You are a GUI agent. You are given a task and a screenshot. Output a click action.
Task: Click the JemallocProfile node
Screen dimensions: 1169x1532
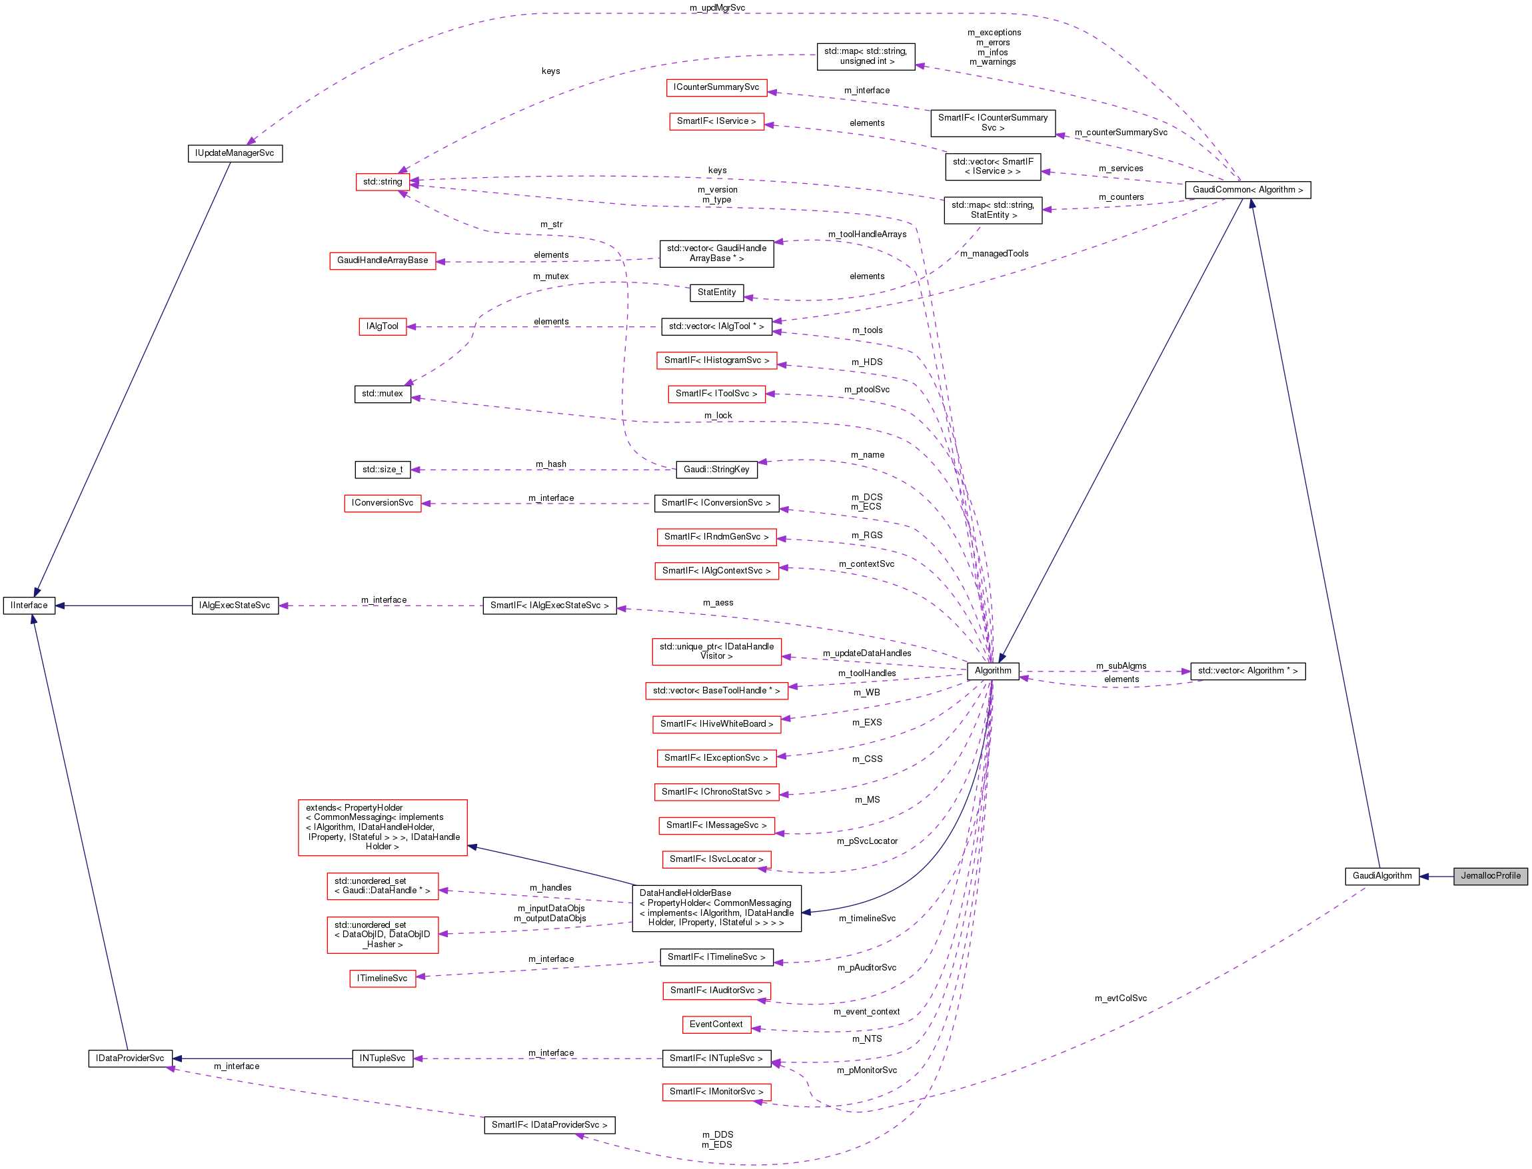tap(1489, 876)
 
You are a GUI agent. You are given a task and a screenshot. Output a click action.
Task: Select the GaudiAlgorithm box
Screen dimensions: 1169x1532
tap(1381, 876)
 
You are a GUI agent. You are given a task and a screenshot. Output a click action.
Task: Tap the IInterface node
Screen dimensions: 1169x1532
tap(29, 605)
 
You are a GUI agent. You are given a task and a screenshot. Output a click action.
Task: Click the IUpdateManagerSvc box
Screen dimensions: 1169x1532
tap(235, 153)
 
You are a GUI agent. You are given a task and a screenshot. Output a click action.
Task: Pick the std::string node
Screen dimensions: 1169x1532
tap(382, 182)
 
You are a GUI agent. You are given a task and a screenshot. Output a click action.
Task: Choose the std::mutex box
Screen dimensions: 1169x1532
tap(382, 394)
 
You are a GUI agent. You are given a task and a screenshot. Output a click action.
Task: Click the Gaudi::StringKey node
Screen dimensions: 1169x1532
tap(716, 470)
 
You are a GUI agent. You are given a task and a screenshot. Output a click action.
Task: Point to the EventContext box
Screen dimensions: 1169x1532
tap(716, 1024)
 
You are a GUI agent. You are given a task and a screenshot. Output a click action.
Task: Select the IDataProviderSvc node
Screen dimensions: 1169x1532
tap(130, 1058)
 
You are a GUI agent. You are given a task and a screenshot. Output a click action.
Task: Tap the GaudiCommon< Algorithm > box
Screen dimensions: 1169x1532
tap(1247, 190)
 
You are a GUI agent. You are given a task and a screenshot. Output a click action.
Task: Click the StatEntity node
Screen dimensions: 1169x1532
tap(716, 292)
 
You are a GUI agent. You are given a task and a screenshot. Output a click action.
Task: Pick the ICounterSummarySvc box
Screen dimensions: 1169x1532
tap(716, 88)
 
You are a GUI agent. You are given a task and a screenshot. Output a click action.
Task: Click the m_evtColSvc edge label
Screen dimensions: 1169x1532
tap(1121, 998)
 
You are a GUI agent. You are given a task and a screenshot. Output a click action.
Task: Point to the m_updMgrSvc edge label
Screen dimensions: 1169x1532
tap(717, 7)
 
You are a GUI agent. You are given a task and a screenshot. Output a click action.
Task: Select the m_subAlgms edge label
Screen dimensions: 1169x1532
tap(1121, 666)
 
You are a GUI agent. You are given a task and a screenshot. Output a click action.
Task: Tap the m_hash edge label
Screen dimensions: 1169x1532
tap(550, 464)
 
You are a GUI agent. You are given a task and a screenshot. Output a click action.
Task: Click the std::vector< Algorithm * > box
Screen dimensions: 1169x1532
tap(1247, 671)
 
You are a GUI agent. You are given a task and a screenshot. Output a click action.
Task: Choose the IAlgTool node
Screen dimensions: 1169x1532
tap(382, 326)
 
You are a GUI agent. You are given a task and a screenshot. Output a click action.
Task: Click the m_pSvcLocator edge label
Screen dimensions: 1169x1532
tap(866, 841)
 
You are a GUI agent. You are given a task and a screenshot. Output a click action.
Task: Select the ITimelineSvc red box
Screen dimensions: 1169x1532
tap(382, 978)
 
